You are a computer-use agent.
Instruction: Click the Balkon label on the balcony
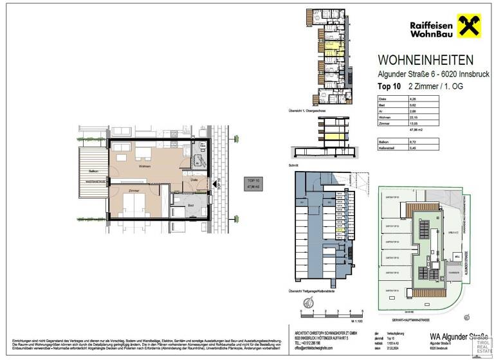pyautogui.click(x=93, y=170)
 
